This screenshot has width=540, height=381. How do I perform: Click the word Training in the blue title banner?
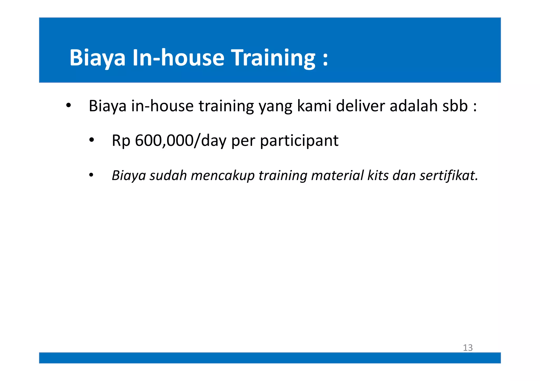tap(273, 58)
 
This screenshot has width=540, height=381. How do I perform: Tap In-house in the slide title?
tap(178, 58)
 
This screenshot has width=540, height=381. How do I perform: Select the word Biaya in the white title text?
tap(97, 58)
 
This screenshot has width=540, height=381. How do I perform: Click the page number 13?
tap(468, 348)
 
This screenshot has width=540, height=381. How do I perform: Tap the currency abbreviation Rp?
tap(121, 141)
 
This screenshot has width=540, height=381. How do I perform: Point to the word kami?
tap(314, 106)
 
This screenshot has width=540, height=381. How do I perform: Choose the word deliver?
tap(360, 106)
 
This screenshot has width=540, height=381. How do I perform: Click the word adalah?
tap(413, 106)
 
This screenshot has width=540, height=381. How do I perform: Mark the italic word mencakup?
tap(223, 176)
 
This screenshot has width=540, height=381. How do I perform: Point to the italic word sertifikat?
tap(448, 176)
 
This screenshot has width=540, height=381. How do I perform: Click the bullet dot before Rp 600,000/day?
tap(91, 140)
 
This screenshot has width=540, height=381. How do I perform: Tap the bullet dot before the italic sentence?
tap(91, 175)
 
